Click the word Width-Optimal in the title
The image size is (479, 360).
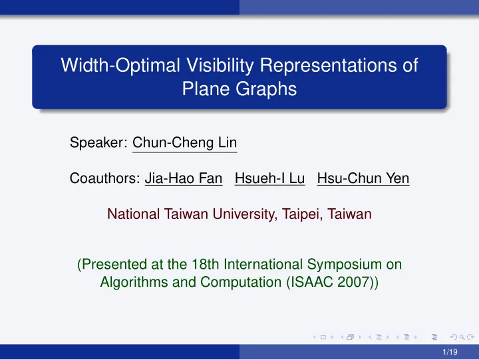120,65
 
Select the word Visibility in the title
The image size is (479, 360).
220,65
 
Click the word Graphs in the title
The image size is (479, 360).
265,89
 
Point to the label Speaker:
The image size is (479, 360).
98,142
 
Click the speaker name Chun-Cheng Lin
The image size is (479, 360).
184,142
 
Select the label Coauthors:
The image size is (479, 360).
105,178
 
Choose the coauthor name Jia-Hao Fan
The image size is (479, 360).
184,178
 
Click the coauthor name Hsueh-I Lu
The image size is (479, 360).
269,178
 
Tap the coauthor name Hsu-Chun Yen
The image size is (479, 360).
363,178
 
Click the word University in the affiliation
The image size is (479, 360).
245,214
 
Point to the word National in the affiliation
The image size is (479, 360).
134,214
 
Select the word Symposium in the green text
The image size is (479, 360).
345,265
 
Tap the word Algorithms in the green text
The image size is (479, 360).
134,282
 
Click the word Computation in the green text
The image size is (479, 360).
241,282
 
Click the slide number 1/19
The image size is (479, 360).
450,352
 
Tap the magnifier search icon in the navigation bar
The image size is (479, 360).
462,337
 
